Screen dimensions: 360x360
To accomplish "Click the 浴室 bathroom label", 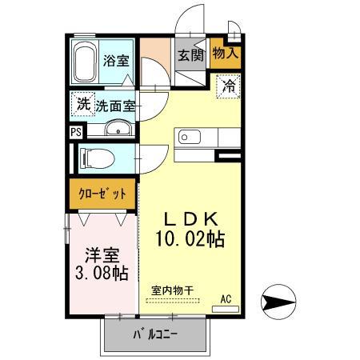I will click(x=117, y=60).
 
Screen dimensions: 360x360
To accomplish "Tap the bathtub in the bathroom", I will click(x=86, y=62).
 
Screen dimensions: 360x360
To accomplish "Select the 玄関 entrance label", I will click(x=191, y=55).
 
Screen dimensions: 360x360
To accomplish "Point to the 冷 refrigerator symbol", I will click(x=229, y=83).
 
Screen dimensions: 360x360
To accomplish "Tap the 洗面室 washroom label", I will click(x=116, y=105).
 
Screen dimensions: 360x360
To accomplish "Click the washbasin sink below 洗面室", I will click(x=118, y=128).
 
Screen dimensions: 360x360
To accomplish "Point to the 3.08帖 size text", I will click(x=102, y=274).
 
